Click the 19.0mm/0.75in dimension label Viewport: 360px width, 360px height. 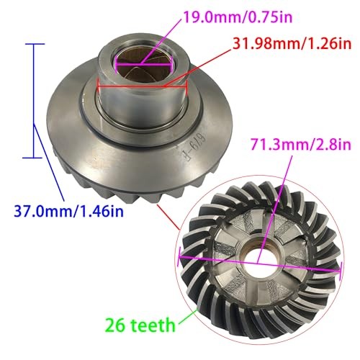tap(238, 17)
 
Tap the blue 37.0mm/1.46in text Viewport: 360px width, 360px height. tap(69, 212)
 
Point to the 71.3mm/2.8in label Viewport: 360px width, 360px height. tap(301, 144)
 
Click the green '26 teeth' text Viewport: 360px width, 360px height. tap(140, 325)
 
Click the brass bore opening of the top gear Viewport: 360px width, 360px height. tap(144, 65)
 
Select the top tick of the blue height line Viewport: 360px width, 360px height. tap(33, 44)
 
